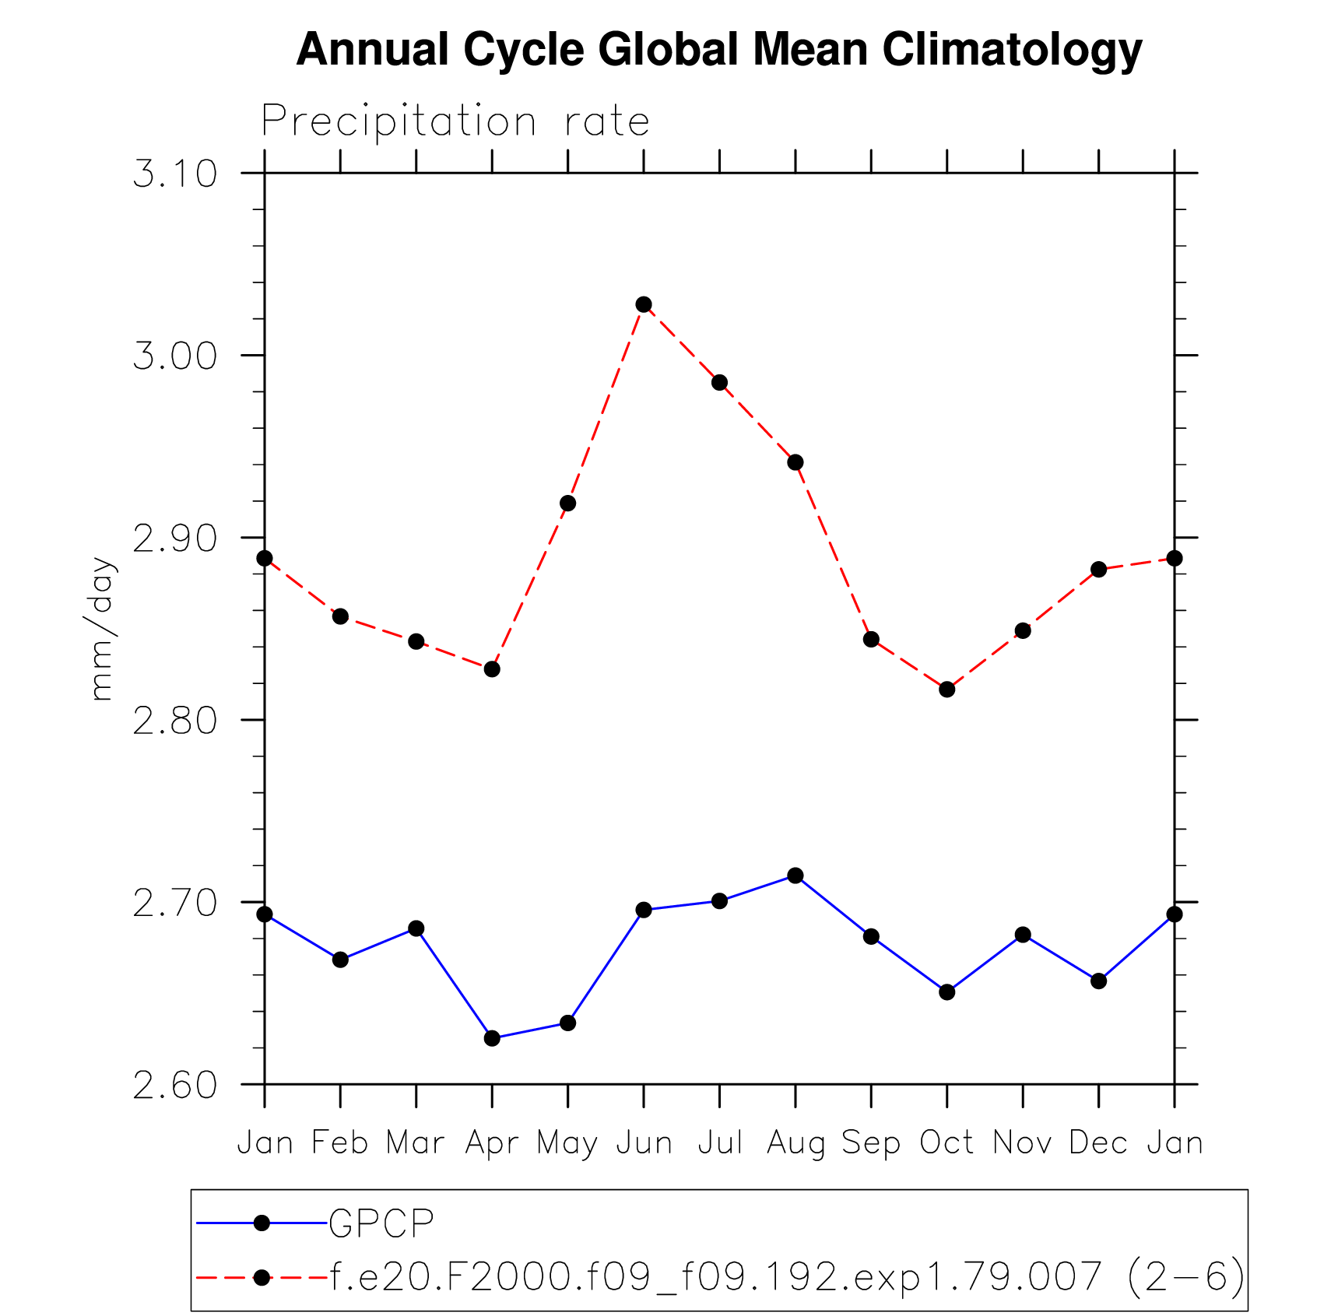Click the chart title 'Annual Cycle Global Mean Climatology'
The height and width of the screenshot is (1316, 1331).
click(719, 50)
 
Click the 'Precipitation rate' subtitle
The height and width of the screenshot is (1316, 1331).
click(455, 121)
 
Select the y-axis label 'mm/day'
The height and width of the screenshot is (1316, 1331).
click(102, 629)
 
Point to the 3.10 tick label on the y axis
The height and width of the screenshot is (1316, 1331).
click(175, 174)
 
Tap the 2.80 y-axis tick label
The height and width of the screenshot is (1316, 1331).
click(175, 721)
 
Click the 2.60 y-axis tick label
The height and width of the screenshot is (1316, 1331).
click(175, 1086)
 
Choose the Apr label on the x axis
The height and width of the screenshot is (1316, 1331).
click(492, 1143)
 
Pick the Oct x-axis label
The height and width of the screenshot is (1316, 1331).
click(946, 1143)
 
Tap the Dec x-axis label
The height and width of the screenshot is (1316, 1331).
click(1098, 1143)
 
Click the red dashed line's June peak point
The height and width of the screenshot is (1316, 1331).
click(644, 304)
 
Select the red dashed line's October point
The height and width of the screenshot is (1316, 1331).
click(946, 690)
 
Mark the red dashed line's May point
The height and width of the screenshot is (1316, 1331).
click(568, 504)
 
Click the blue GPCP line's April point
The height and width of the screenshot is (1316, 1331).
click(492, 1038)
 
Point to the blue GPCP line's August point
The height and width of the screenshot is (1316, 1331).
click(795, 876)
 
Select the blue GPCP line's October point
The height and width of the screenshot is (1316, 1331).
click(946, 992)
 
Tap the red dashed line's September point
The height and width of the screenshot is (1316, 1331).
click(871, 640)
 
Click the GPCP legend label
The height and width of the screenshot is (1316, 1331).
click(381, 1223)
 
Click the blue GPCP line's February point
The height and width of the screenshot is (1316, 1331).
click(340, 960)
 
